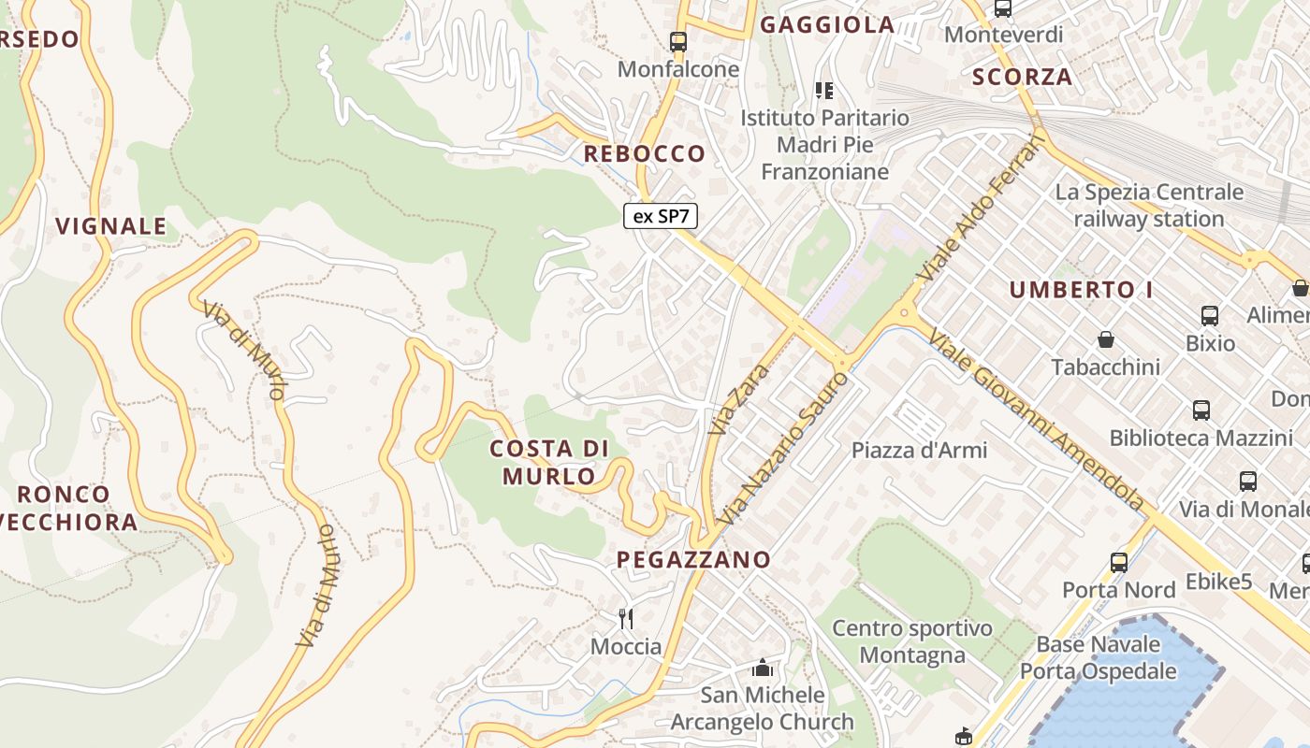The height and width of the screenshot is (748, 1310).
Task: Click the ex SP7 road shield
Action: click(x=661, y=216)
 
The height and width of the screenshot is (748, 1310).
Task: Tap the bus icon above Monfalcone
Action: click(x=678, y=42)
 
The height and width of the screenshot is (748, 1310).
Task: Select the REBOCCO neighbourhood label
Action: click(x=645, y=153)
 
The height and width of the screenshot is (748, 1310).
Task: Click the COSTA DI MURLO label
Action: click(x=549, y=462)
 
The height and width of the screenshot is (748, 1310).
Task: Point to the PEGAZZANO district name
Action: click(x=693, y=560)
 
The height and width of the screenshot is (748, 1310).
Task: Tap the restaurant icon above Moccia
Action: click(x=626, y=618)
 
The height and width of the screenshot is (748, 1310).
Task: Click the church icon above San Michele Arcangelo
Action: click(x=763, y=669)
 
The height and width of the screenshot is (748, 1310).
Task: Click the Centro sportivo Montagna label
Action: click(x=912, y=641)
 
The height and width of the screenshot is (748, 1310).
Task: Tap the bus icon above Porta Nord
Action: click(x=1119, y=562)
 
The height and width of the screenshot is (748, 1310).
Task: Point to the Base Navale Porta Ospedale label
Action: click(x=1099, y=657)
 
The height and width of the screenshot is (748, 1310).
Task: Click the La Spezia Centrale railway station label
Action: click(x=1149, y=205)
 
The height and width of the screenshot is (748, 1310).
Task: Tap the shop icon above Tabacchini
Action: click(x=1106, y=338)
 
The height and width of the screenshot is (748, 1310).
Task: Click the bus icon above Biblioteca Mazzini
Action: click(x=1201, y=410)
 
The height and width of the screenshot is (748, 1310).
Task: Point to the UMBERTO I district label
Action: click(x=1081, y=290)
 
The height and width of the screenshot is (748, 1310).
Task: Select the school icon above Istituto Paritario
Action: click(x=824, y=91)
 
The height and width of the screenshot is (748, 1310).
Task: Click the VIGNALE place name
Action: click(x=111, y=226)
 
